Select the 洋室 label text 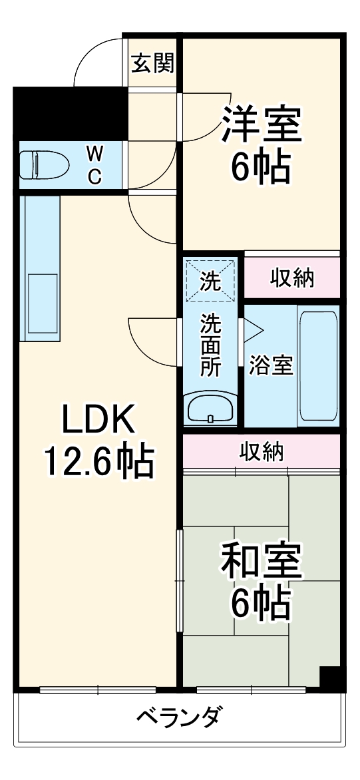click(262, 124)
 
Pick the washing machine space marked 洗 click(210, 282)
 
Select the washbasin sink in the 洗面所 click(210, 408)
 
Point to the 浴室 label click(271, 365)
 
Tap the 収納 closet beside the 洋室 click(291, 278)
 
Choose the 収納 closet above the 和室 click(262, 453)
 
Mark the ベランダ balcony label click(179, 718)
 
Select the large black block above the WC click(70, 112)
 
